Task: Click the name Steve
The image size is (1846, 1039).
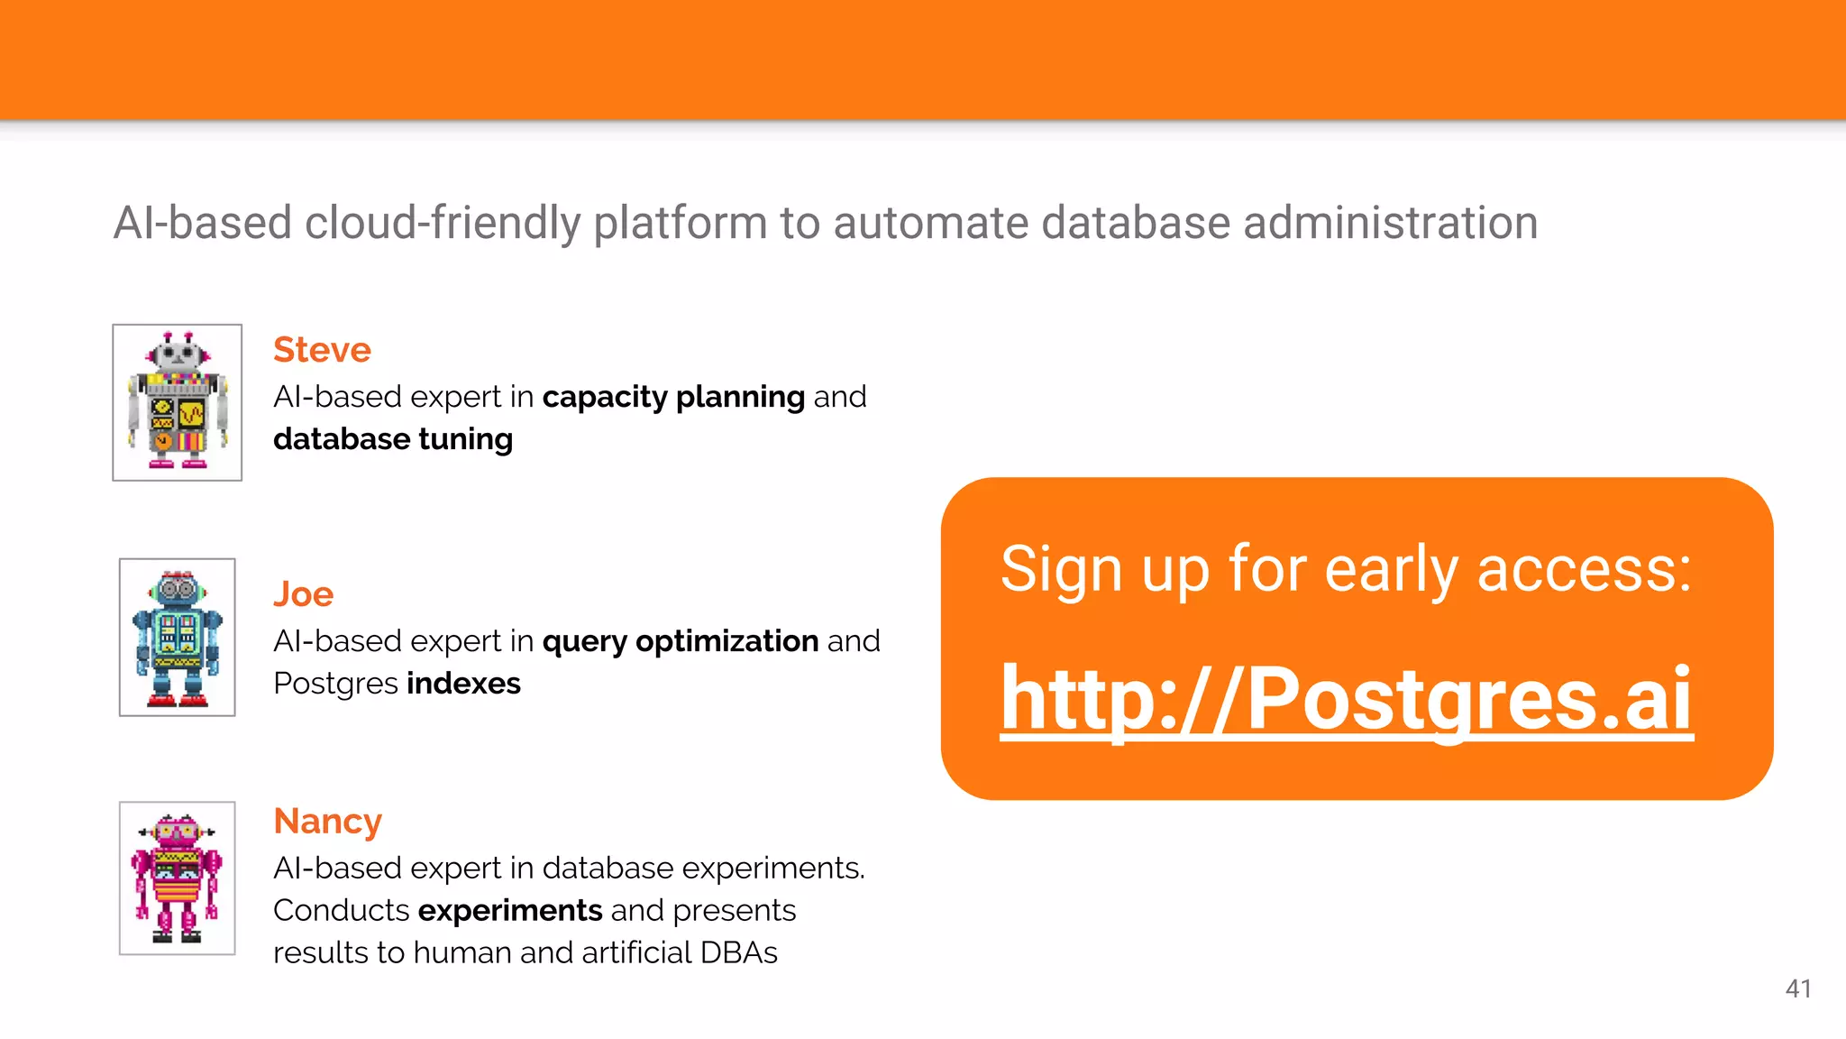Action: pyautogui.click(x=322, y=350)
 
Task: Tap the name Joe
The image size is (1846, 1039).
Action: pyautogui.click(x=303, y=594)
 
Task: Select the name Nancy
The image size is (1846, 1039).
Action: pyautogui.click(x=327, y=822)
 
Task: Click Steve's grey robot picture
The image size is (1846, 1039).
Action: pyautogui.click(x=178, y=402)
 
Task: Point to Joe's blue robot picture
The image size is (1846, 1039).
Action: pyautogui.click(x=178, y=637)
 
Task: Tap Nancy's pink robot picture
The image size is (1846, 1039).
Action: pyautogui.click(x=178, y=878)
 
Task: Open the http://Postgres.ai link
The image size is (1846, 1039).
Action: pyautogui.click(x=1347, y=698)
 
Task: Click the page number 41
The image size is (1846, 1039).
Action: pyautogui.click(x=1797, y=988)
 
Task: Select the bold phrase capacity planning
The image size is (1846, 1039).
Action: pyautogui.click(x=673, y=397)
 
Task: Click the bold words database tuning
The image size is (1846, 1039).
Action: pyautogui.click(x=393, y=439)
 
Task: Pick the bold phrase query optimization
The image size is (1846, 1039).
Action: pyautogui.click(x=680, y=641)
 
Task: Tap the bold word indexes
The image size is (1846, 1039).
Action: pyautogui.click(x=463, y=684)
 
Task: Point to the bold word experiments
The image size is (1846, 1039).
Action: pyautogui.click(x=510, y=911)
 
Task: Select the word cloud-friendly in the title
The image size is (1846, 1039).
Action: pyautogui.click(x=443, y=223)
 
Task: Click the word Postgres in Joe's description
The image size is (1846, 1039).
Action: pyautogui.click(x=335, y=684)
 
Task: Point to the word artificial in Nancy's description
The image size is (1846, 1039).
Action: pyautogui.click(x=636, y=953)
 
